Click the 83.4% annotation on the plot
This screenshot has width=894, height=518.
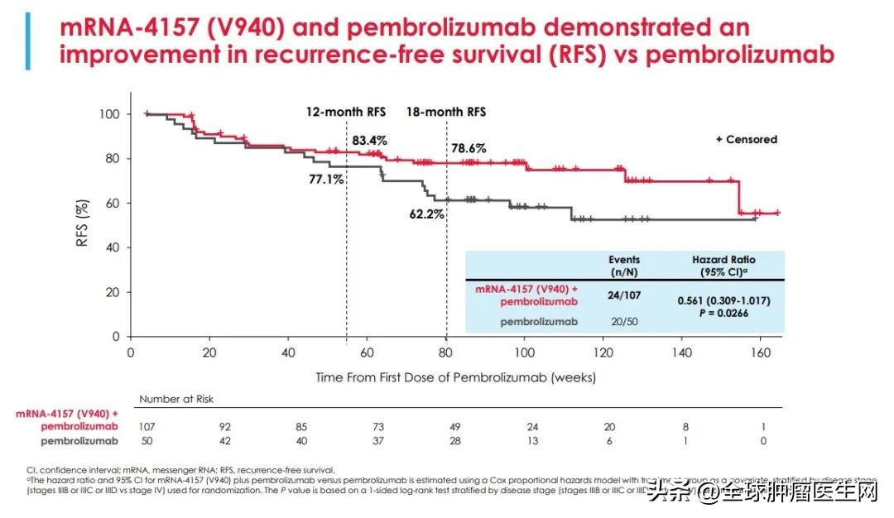368,140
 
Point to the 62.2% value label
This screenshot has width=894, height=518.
427,213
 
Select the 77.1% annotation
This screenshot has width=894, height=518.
326,179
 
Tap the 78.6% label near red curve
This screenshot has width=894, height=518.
468,149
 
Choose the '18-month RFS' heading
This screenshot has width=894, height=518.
445,112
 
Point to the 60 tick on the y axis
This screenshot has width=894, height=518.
110,204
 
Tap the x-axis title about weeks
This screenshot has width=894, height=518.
455,377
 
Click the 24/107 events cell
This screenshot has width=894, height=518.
624,295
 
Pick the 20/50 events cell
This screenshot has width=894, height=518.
624,321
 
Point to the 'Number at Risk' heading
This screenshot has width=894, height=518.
176,399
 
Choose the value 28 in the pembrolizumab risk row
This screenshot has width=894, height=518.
455,441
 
